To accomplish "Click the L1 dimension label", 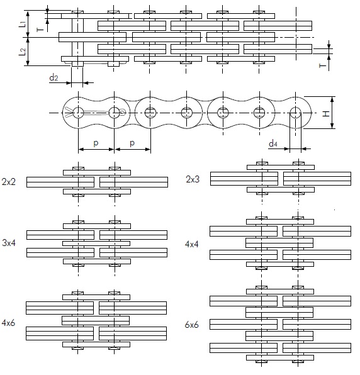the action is click(x=22, y=24).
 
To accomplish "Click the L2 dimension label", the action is click(x=22, y=52).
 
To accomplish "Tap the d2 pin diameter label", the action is click(x=53, y=77).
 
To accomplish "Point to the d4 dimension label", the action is click(x=273, y=143).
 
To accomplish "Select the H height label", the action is click(x=326, y=113).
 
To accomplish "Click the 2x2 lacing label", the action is click(x=9, y=182).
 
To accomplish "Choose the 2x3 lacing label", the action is click(x=193, y=179).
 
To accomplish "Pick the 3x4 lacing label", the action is click(x=9, y=243).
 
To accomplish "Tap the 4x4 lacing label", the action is click(x=191, y=244).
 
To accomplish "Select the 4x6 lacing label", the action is click(x=8, y=323).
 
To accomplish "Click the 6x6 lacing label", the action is click(x=191, y=325).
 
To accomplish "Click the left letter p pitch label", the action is click(x=96, y=143).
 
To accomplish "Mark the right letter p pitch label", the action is click(x=132, y=143).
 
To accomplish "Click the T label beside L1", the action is click(x=40, y=30).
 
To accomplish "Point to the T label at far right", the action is click(x=322, y=65).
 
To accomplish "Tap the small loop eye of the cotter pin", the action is click(x=123, y=112).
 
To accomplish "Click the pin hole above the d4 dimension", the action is click(x=296, y=113).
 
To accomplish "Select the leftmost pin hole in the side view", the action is click(x=78, y=113).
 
